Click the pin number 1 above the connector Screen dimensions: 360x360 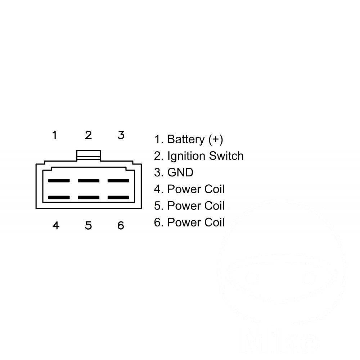point(54,135)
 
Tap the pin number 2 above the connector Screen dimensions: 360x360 point(89,135)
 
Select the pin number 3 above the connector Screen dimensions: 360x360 point(121,135)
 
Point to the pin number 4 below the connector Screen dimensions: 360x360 point(56,225)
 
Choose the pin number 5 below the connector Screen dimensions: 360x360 point(89,225)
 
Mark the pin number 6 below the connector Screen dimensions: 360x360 point(121,225)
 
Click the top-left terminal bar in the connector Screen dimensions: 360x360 point(59,180)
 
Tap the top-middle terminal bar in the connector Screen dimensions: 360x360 point(89,180)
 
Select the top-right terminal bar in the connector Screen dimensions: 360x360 point(118,180)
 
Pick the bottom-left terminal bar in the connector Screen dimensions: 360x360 point(59,197)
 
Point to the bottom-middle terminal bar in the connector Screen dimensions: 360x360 point(89,197)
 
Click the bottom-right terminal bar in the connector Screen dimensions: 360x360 point(118,197)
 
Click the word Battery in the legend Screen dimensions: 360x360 point(186,140)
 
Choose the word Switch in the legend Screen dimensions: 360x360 point(226,156)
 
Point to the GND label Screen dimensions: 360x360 point(180,172)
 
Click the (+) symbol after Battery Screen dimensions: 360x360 point(216,140)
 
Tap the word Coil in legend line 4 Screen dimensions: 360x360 point(215,189)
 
